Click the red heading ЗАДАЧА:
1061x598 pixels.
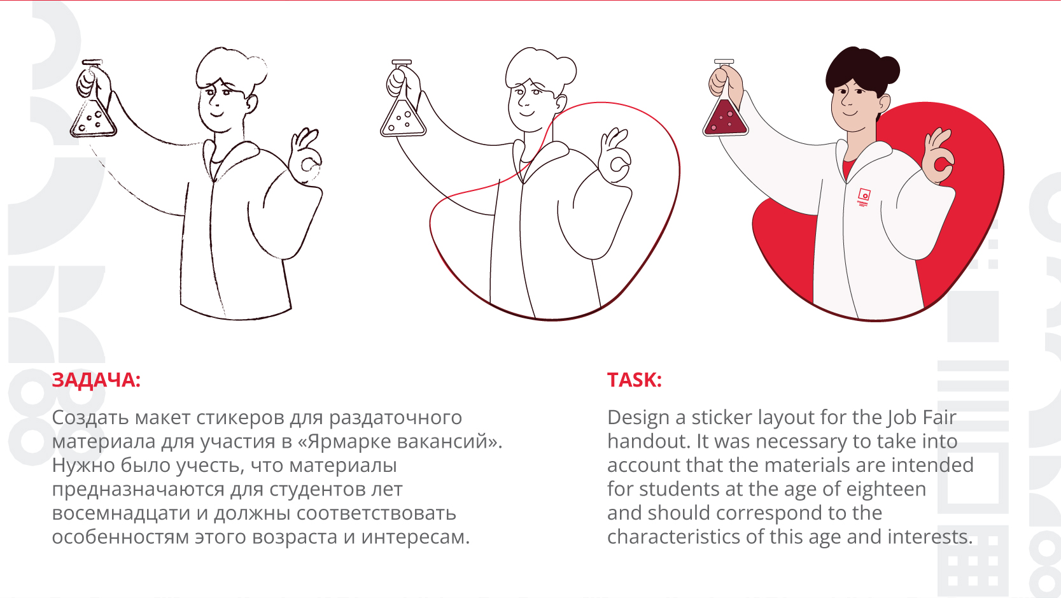96,380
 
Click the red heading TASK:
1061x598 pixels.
634,380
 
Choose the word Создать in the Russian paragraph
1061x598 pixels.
90,418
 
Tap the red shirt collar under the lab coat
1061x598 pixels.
848,168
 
